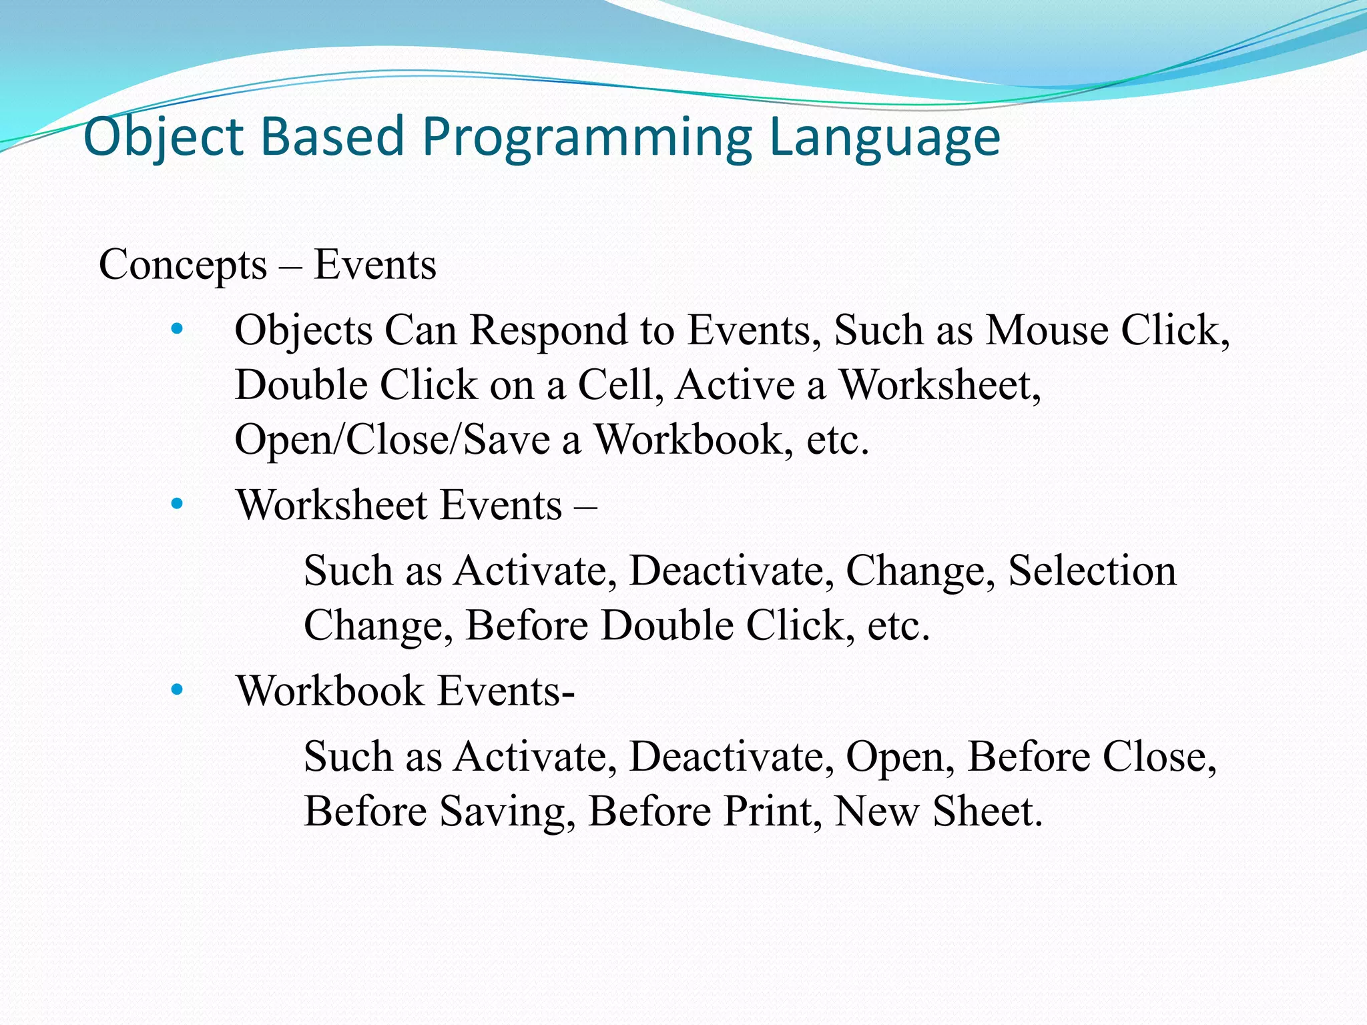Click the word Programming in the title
tap(587, 137)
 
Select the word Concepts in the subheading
tap(183, 265)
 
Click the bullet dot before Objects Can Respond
tap(176, 329)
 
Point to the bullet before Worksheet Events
tap(176, 504)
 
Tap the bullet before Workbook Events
tap(176, 690)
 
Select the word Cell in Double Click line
tap(614, 385)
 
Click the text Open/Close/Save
tap(392, 440)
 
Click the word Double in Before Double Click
tap(667, 625)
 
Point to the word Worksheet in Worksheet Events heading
tap(332, 504)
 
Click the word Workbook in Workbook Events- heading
tap(330, 690)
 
